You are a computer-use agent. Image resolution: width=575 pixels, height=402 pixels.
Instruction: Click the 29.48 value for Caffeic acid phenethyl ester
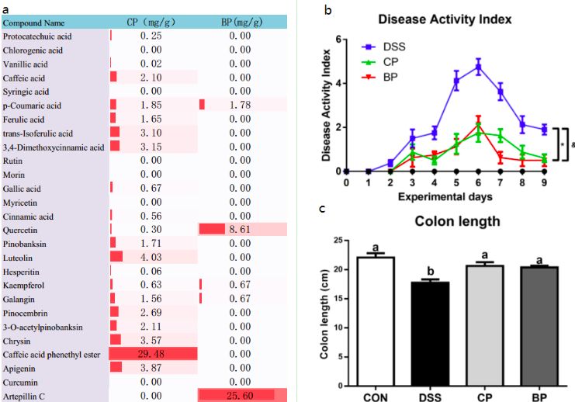(x=153, y=354)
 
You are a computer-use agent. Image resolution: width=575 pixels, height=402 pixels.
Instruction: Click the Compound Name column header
(x=34, y=23)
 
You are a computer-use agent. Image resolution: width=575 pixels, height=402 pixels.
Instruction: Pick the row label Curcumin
(x=21, y=382)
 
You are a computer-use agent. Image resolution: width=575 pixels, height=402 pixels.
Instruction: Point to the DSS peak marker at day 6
(x=479, y=67)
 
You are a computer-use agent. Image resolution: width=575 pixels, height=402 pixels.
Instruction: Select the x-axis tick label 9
(x=546, y=183)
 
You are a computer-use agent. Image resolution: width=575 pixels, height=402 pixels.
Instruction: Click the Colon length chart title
(x=457, y=221)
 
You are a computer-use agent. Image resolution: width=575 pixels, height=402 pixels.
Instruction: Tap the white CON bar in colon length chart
(x=376, y=321)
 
